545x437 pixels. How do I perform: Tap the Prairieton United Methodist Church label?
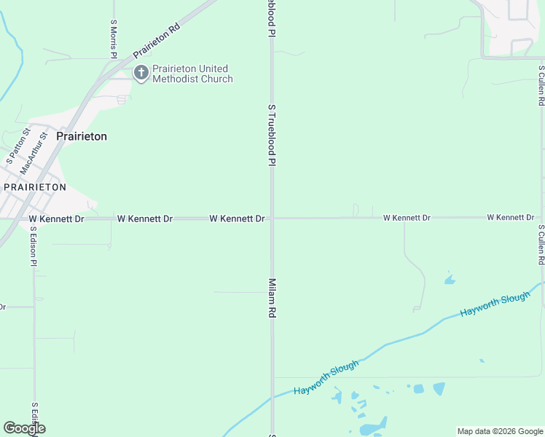coord(192,74)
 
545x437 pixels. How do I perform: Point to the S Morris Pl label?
coord(114,39)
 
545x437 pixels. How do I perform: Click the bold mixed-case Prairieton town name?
coord(82,136)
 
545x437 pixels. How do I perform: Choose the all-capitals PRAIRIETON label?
coord(35,187)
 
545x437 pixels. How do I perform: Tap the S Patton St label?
coord(17,146)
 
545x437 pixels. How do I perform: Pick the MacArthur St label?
coord(34,152)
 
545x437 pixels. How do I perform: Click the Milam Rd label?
coord(272,298)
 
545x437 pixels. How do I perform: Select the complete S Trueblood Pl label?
coord(272,135)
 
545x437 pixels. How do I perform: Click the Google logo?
coord(24,428)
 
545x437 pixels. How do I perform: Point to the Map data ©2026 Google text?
coord(499,431)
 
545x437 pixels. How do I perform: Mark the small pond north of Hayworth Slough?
coord(450,279)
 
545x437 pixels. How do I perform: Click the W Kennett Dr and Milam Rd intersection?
coord(272,218)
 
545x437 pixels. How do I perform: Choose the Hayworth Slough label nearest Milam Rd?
coord(326,378)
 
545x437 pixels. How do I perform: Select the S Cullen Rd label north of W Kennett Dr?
coord(541,86)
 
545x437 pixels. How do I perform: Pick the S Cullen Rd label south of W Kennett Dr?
coord(541,245)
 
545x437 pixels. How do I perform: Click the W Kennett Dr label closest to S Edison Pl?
coord(57,219)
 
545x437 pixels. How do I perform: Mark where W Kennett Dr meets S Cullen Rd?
coord(541,217)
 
